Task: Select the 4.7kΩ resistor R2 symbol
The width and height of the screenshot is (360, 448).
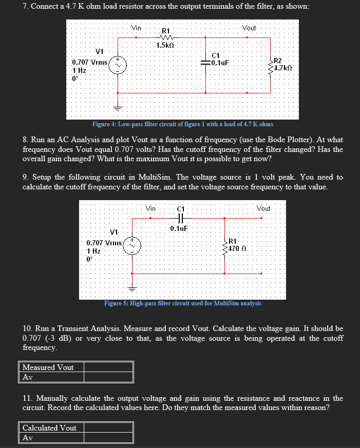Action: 270,65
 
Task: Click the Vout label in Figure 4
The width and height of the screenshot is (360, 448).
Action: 250,28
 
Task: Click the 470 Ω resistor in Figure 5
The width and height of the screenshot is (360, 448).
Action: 225,245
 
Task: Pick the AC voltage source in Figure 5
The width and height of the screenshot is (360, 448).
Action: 132,245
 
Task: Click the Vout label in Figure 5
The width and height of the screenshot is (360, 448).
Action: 263,208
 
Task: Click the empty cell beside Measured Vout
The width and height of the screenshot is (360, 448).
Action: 108,367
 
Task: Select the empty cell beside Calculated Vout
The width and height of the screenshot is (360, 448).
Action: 108,428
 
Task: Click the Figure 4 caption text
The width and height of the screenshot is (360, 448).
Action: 182,124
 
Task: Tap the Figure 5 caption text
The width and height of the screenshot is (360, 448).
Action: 182,303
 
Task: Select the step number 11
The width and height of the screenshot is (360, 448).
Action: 28,398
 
